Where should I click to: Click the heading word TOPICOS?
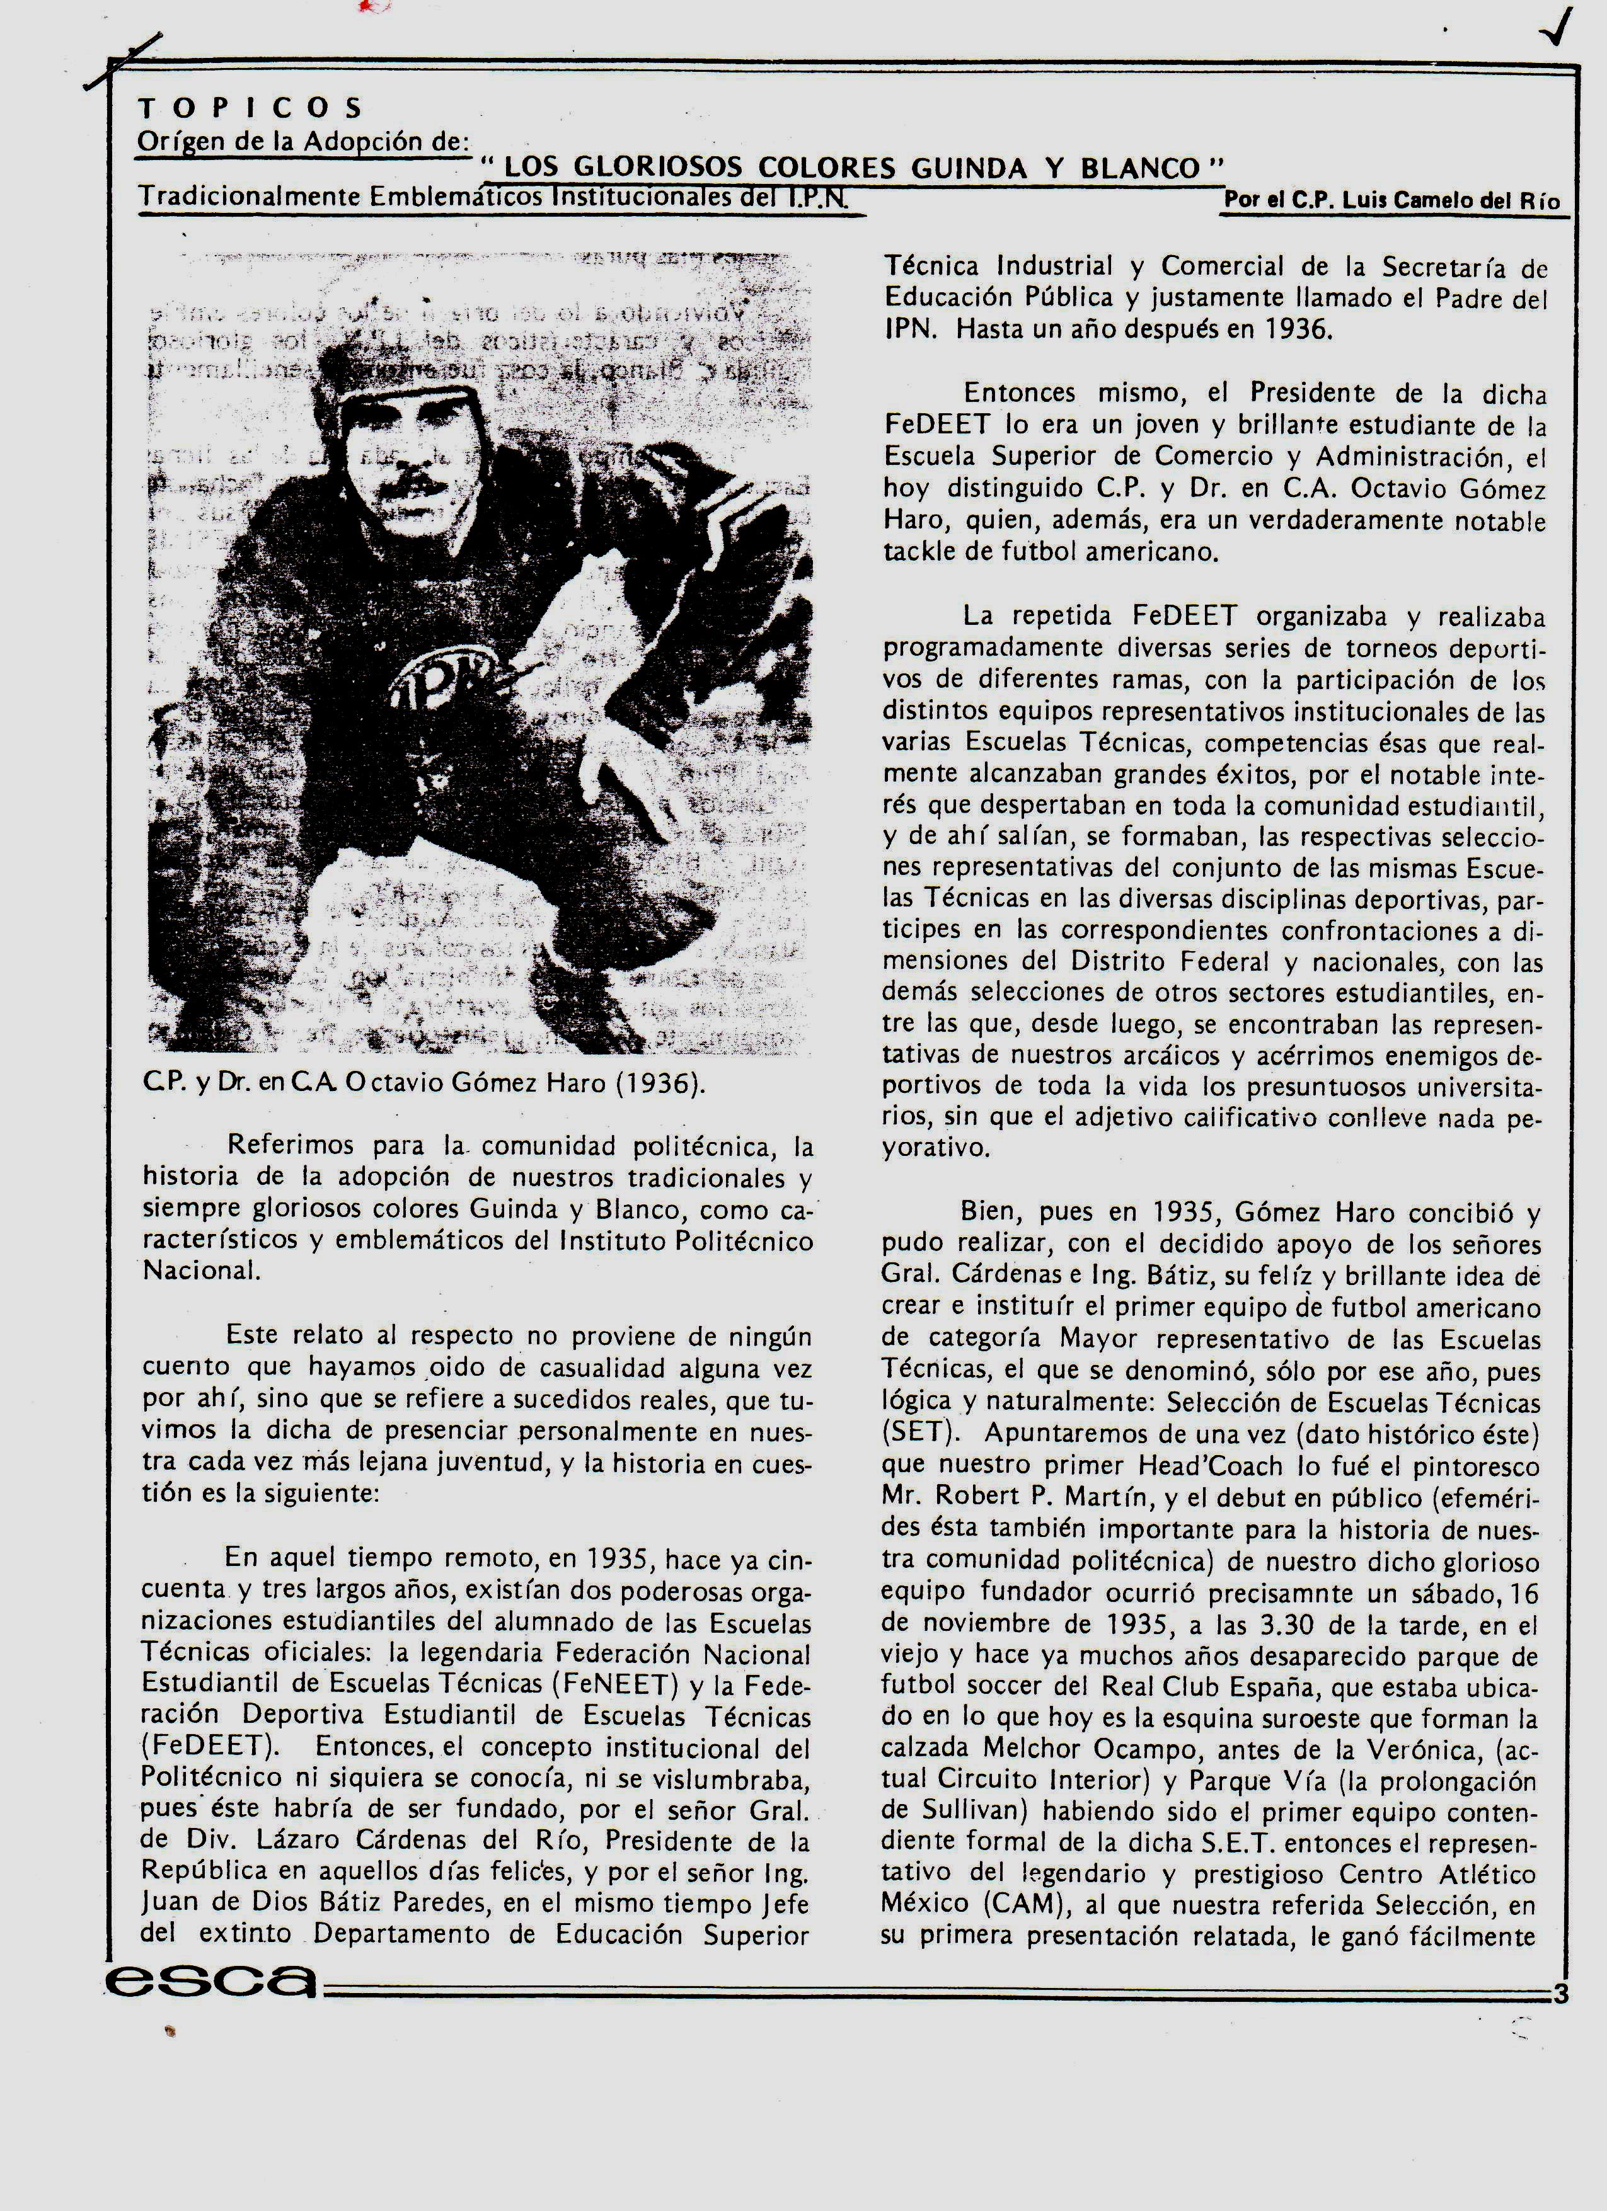point(250,107)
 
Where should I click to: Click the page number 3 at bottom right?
point(1560,1994)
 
